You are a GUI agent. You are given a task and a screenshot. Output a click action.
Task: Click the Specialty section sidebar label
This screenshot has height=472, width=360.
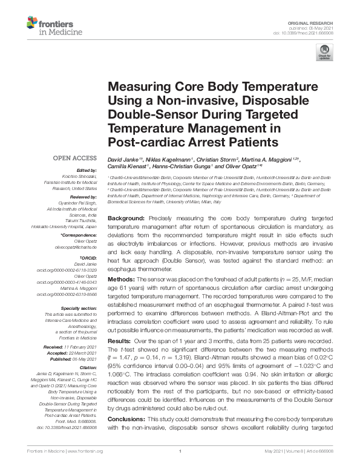[x=80, y=308]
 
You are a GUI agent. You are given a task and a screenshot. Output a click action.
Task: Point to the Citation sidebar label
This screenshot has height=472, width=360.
[x=88, y=367]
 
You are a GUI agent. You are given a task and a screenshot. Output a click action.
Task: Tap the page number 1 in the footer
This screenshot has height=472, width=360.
[x=180, y=467]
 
